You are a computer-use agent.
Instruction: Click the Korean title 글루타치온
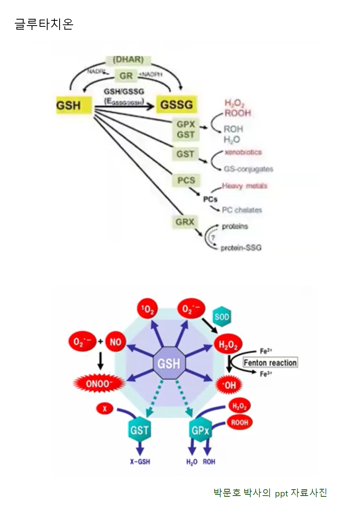(x=44, y=24)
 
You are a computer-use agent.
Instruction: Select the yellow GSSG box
(x=176, y=105)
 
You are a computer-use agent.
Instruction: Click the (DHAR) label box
(x=128, y=60)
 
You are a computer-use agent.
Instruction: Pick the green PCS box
(x=186, y=180)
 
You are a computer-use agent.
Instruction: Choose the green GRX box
(x=185, y=222)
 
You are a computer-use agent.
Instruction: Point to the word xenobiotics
(x=243, y=152)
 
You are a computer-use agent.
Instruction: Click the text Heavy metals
(x=244, y=186)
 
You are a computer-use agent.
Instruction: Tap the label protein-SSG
(x=241, y=248)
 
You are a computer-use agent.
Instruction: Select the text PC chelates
(x=242, y=210)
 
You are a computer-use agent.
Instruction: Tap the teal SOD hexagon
(x=222, y=318)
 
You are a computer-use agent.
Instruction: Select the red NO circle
(x=116, y=342)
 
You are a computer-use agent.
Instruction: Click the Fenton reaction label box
(x=270, y=363)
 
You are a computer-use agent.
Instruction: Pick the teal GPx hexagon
(x=200, y=431)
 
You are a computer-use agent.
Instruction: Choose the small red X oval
(x=105, y=408)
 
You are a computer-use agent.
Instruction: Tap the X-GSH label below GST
(x=140, y=462)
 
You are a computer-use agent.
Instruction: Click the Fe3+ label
(x=266, y=374)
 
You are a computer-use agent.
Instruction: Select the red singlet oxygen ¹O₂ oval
(x=148, y=310)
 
